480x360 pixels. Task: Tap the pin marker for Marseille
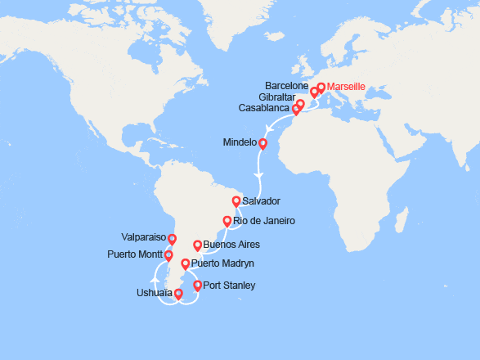click(x=321, y=88)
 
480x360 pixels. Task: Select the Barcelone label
click(x=287, y=84)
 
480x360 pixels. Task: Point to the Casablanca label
click(x=263, y=107)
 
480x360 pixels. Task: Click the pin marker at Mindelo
click(x=262, y=144)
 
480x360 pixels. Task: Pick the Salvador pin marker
click(x=236, y=200)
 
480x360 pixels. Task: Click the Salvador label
click(x=262, y=200)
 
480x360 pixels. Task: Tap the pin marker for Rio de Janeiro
click(x=227, y=221)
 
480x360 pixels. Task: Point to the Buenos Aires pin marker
click(x=197, y=245)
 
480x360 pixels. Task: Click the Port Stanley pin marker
click(x=196, y=286)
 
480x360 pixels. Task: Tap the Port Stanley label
click(x=229, y=286)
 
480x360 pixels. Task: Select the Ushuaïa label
click(x=154, y=293)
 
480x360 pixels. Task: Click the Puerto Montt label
click(x=134, y=254)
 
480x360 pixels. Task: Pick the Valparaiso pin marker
click(x=172, y=240)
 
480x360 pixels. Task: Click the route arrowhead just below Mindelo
click(x=258, y=175)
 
